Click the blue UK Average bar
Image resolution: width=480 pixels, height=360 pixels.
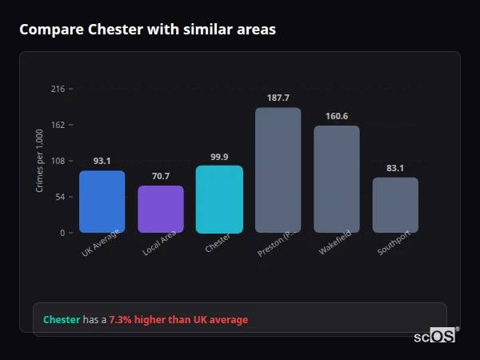point(102,202)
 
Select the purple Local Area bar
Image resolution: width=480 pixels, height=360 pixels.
point(161,210)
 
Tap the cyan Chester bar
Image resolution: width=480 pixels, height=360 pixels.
point(219,199)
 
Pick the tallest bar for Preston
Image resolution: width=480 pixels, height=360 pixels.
point(278,170)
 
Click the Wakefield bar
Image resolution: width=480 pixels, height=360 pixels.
point(337,179)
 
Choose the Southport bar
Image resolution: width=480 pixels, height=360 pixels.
point(395,205)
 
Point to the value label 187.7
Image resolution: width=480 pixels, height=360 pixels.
point(278,98)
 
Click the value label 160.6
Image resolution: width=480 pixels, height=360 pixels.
point(337,116)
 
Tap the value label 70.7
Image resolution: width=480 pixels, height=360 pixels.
point(161,176)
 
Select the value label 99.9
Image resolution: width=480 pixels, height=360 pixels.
point(219,157)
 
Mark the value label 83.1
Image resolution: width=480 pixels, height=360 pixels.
point(395,168)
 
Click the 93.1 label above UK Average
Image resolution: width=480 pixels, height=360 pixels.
point(102,161)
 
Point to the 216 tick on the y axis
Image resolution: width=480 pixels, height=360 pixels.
point(58,89)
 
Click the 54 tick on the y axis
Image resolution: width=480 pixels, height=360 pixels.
point(60,197)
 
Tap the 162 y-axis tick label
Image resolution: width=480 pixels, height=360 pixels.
point(58,125)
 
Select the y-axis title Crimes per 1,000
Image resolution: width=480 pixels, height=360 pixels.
point(40,160)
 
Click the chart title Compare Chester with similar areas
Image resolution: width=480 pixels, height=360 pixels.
point(147,30)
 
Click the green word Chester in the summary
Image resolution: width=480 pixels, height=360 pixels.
point(62,319)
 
